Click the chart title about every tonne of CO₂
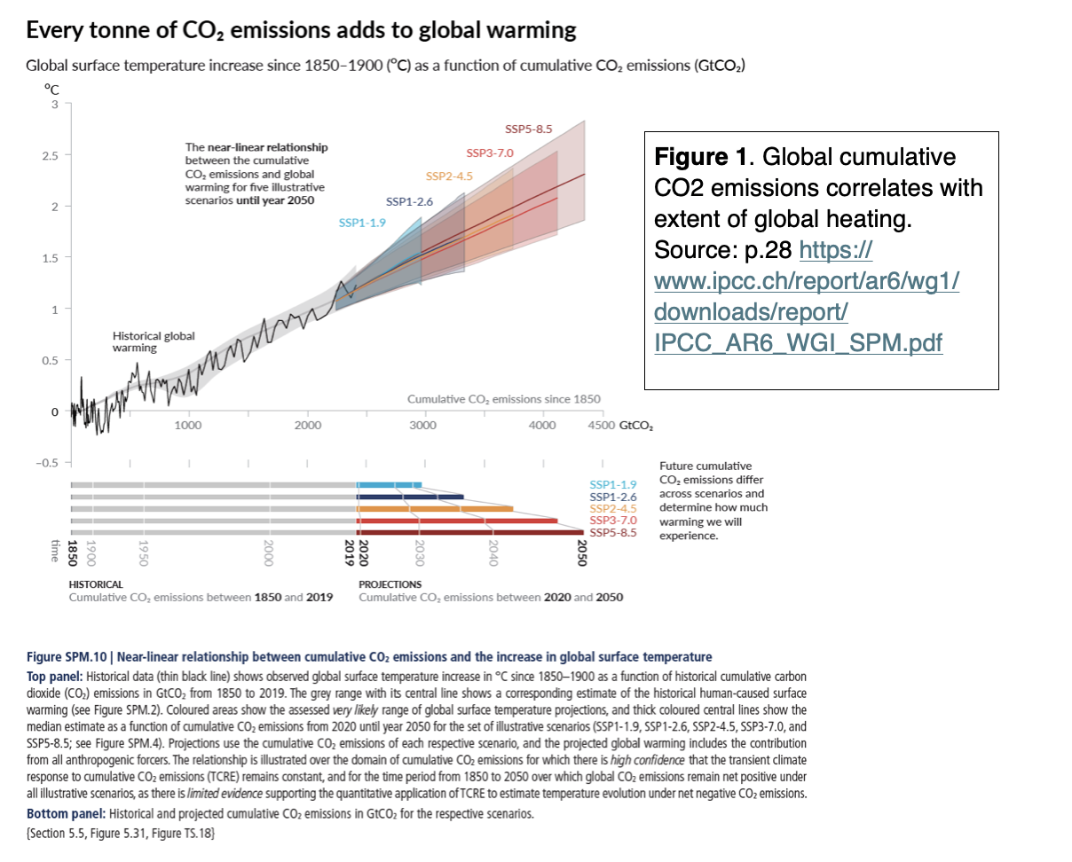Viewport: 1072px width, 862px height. pos(302,31)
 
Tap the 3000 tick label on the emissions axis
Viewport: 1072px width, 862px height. pos(423,426)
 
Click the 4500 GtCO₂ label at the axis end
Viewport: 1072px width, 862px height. pos(619,426)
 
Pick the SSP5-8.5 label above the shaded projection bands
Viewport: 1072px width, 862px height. pos(528,129)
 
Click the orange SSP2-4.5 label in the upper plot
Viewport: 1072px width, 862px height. pos(450,176)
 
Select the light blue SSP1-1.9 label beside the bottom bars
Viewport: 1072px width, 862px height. pos(613,484)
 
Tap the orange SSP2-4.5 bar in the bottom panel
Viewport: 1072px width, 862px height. pos(435,509)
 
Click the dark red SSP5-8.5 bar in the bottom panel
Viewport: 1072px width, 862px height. pos(470,533)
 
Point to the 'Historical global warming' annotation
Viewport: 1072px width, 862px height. pos(153,342)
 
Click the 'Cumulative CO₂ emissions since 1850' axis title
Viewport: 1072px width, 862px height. pos(504,399)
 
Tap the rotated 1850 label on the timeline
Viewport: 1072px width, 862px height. pos(74,552)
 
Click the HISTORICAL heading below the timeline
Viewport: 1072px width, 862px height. pos(96,584)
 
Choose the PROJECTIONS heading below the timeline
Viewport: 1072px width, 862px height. pos(390,584)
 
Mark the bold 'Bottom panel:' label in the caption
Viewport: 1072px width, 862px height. pos(64,813)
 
